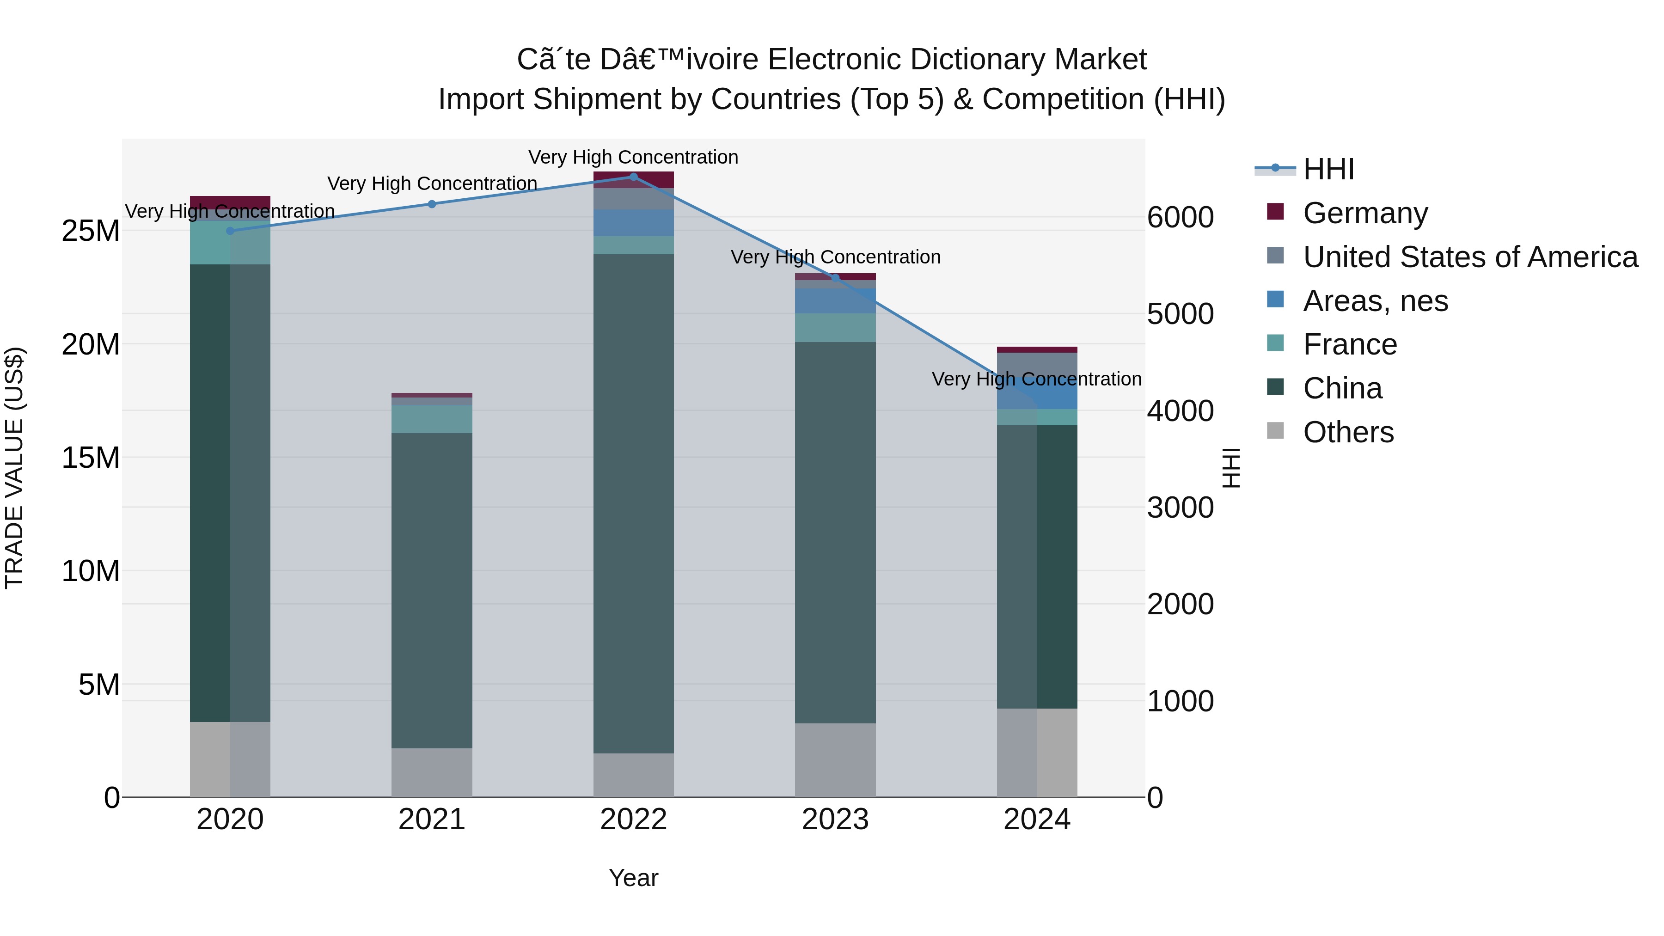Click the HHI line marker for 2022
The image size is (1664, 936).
[633, 177]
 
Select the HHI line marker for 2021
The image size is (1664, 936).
[432, 204]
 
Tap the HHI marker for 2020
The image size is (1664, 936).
[231, 231]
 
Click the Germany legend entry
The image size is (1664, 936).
[1364, 213]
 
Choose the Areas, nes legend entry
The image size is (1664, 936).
[1375, 301]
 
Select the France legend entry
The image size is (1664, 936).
[1349, 344]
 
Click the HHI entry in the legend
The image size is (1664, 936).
[1328, 169]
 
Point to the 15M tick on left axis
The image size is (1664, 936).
[91, 457]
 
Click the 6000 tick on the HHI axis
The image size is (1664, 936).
[1180, 217]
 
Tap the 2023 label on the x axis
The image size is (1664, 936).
[835, 820]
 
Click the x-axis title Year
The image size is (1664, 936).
[633, 878]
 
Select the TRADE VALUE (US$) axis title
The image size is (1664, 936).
[14, 468]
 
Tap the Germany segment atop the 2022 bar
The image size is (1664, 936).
[633, 180]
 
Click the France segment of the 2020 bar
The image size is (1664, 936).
[230, 243]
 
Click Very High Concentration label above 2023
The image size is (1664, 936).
[835, 257]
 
